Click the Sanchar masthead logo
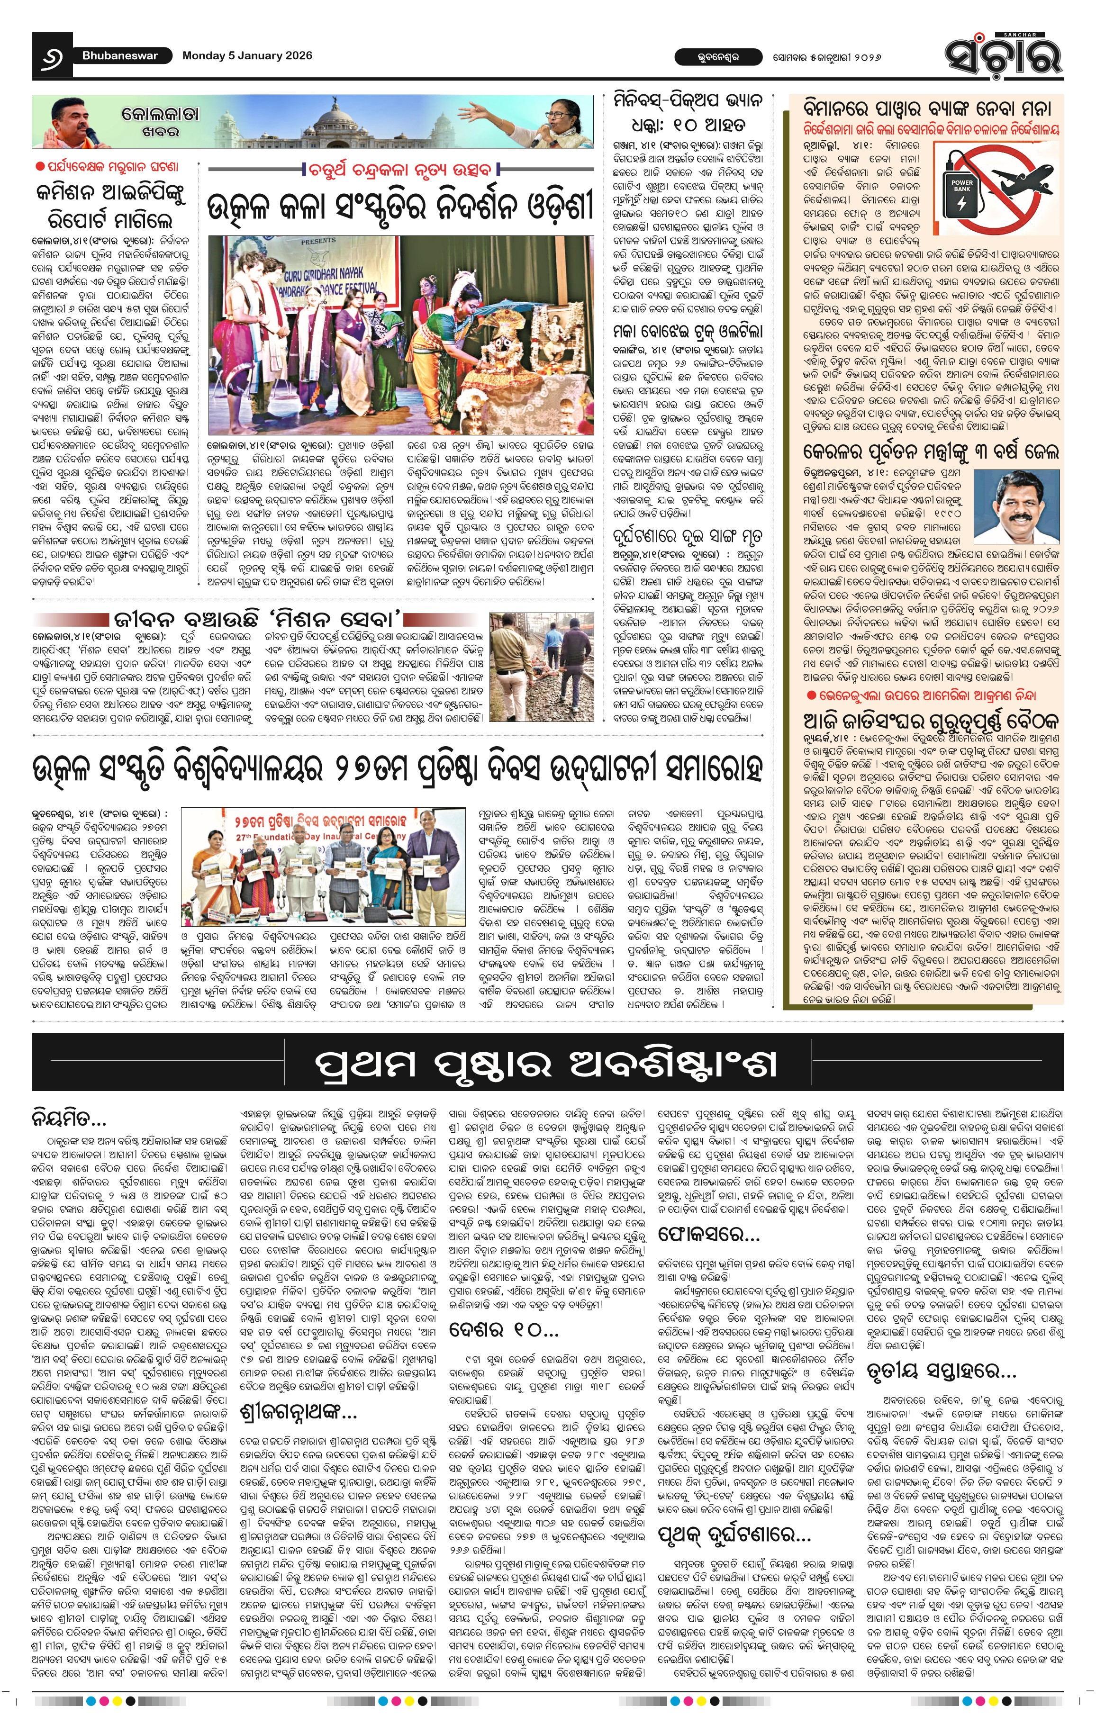point(1002,54)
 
